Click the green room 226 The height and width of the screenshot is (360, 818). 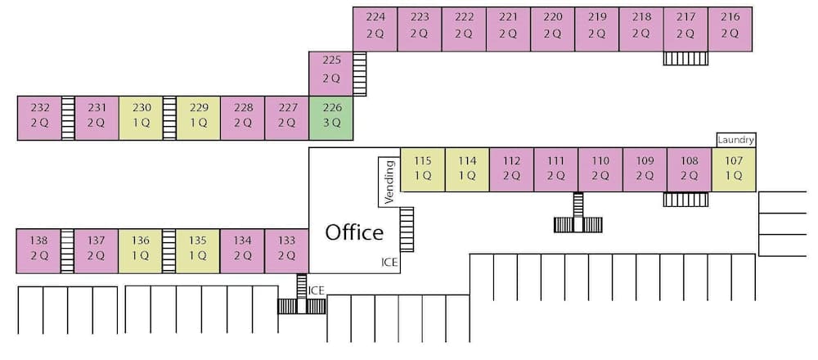[x=330, y=118]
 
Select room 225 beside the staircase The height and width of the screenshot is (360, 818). [x=330, y=73]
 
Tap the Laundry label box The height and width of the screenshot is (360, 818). [x=735, y=140]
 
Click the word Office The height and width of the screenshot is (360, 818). [x=354, y=232]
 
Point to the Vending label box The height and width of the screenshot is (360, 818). [x=389, y=181]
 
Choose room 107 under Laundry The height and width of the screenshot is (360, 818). [x=733, y=169]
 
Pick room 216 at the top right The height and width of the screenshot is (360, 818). [x=730, y=29]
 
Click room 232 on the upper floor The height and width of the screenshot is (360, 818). [x=39, y=118]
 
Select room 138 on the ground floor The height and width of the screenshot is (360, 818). [x=39, y=251]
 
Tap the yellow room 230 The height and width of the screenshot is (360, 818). [x=141, y=118]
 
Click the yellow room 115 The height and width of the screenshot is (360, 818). [x=422, y=169]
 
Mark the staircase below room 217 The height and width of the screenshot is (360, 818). [x=685, y=58]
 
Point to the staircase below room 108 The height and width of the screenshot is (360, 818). [x=685, y=199]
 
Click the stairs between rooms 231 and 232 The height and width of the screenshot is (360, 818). [x=68, y=118]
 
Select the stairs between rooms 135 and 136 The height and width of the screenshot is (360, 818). [x=169, y=251]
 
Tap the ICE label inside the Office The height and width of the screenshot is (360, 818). [x=389, y=263]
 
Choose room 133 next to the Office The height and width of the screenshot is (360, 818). [x=286, y=251]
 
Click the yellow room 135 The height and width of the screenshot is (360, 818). [x=198, y=251]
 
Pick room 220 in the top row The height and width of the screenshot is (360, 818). [x=552, y=29]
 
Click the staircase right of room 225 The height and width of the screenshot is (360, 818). [x=359, y=73]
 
